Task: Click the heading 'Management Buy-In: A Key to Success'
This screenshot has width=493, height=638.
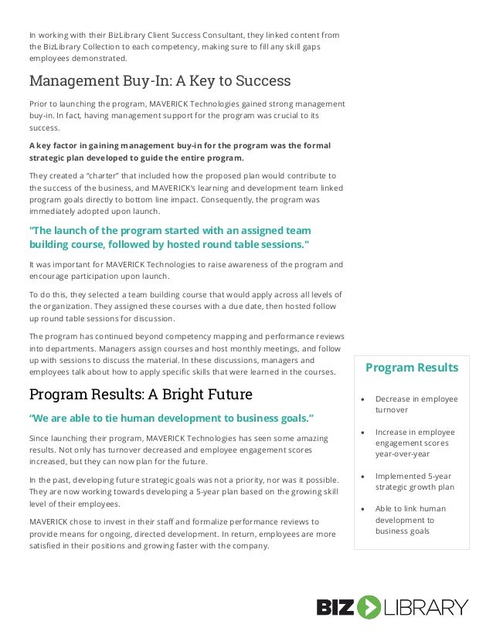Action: [159, 80]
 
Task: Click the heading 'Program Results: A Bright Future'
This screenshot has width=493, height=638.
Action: [140, 395]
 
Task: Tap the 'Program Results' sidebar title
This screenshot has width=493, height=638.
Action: [411, 368]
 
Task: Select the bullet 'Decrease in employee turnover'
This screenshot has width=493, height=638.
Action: [416, 404]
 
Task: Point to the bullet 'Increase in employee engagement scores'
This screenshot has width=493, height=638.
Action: [416, 443]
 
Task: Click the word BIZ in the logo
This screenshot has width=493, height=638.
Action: [335, 607]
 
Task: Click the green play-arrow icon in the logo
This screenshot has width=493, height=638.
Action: [369, 607]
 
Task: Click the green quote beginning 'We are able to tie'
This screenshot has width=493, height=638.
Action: [171, 418]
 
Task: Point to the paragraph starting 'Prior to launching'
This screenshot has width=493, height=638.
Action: [186, 115]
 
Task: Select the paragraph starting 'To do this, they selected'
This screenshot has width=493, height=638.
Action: [186, 306]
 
